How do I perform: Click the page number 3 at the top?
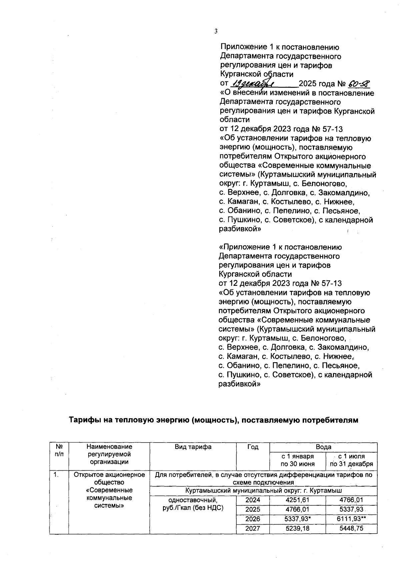click(216, 31)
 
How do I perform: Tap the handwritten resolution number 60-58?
click(359, 83)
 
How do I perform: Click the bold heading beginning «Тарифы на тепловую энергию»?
click(213, 420)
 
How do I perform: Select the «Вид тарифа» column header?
click(193, 447)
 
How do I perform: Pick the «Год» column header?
click(253, 447)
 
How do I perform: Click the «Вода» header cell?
click(323, 447)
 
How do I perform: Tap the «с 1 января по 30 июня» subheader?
click(297, 460)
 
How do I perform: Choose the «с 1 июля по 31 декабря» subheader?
click(351, 460)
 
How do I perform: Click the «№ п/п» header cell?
click(59, 450)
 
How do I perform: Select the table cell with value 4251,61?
click(297, 500)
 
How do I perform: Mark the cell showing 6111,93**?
click(351, 519)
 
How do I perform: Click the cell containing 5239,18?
click(297, 529)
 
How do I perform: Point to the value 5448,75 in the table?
click(351, 529)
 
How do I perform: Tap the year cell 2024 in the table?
click(253, 500)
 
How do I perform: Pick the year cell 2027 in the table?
click(253, 529)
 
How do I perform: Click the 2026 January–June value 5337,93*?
click(297, 519)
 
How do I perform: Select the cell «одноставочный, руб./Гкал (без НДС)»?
click(193, 504)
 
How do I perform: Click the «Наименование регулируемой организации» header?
click(109, 454)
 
